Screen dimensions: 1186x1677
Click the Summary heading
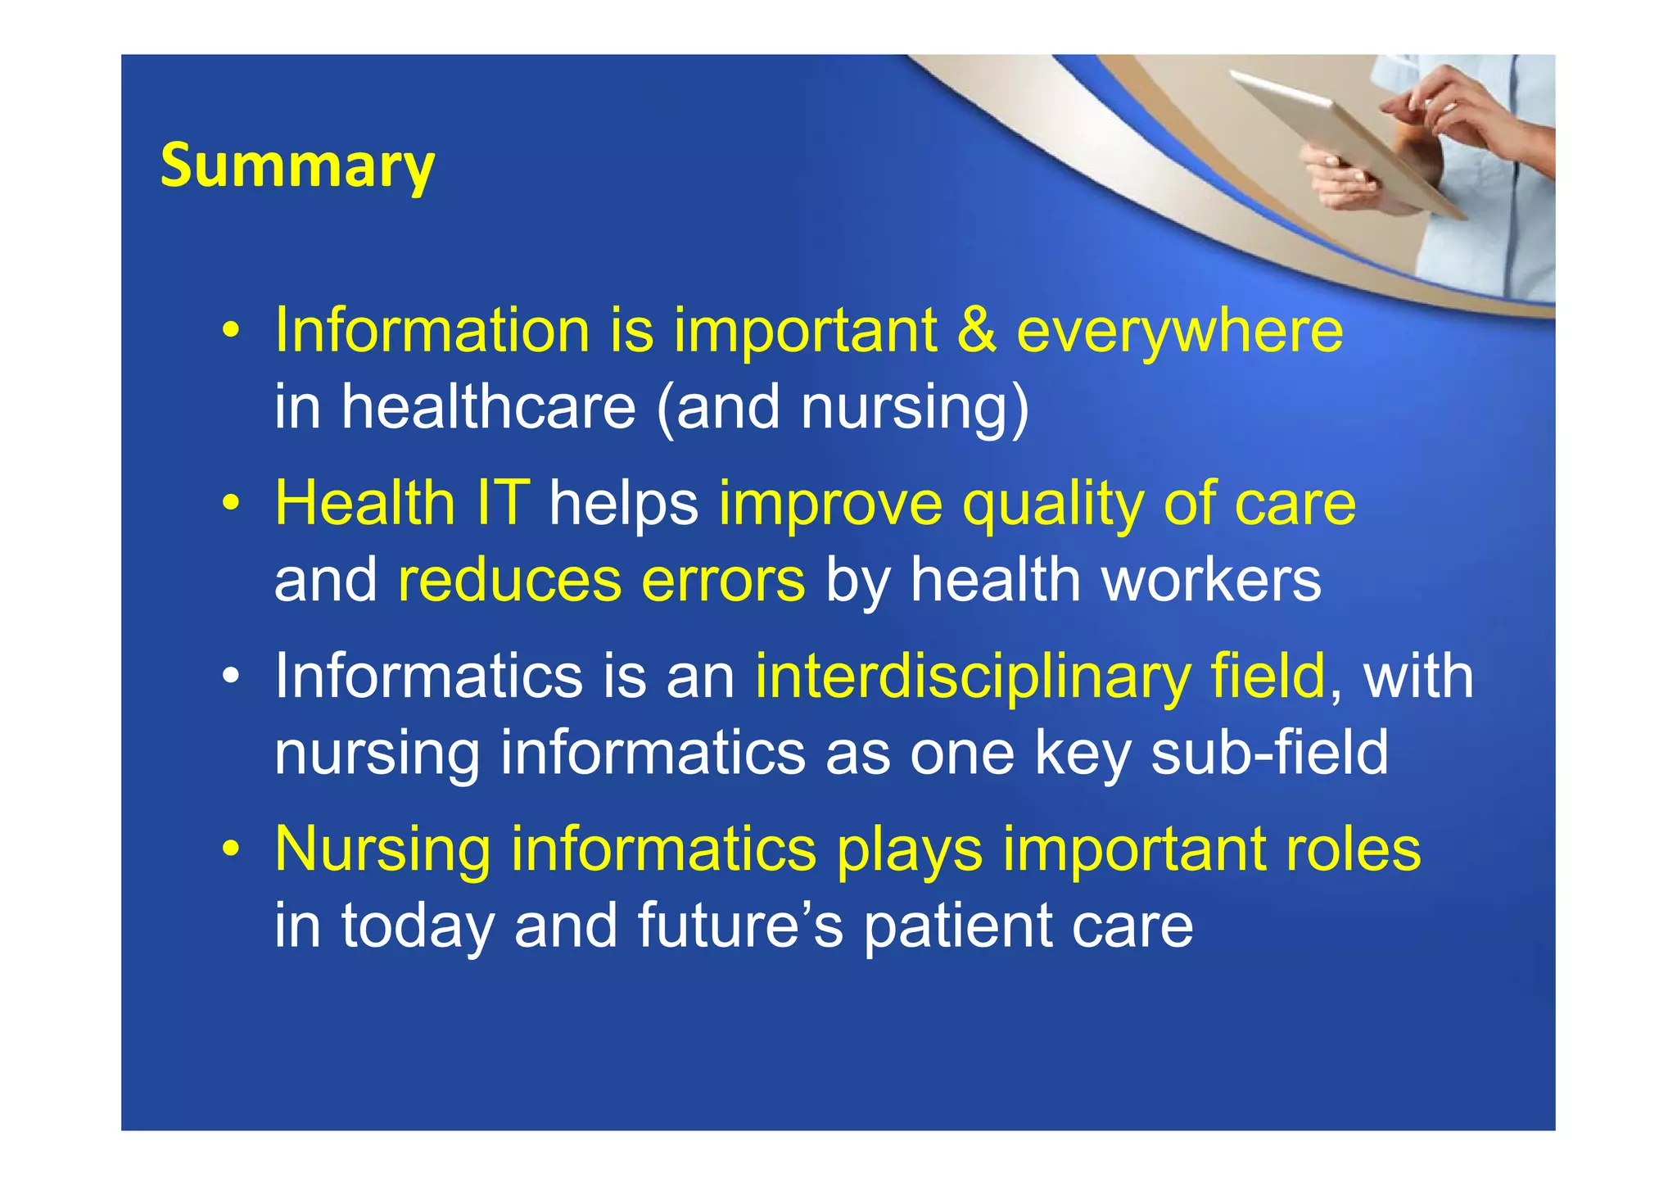pos(297,166)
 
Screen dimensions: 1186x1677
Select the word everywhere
pos(1179,332)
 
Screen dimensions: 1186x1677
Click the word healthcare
pos(488,407)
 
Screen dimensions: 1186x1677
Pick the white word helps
pos(623,504)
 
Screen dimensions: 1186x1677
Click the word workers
pos(1211,580)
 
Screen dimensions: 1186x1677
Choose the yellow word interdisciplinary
pos(972,677)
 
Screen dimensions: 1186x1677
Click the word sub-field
pos(1269,753)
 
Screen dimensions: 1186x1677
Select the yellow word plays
pos(909,851)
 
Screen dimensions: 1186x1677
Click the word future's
pos(740,926)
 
